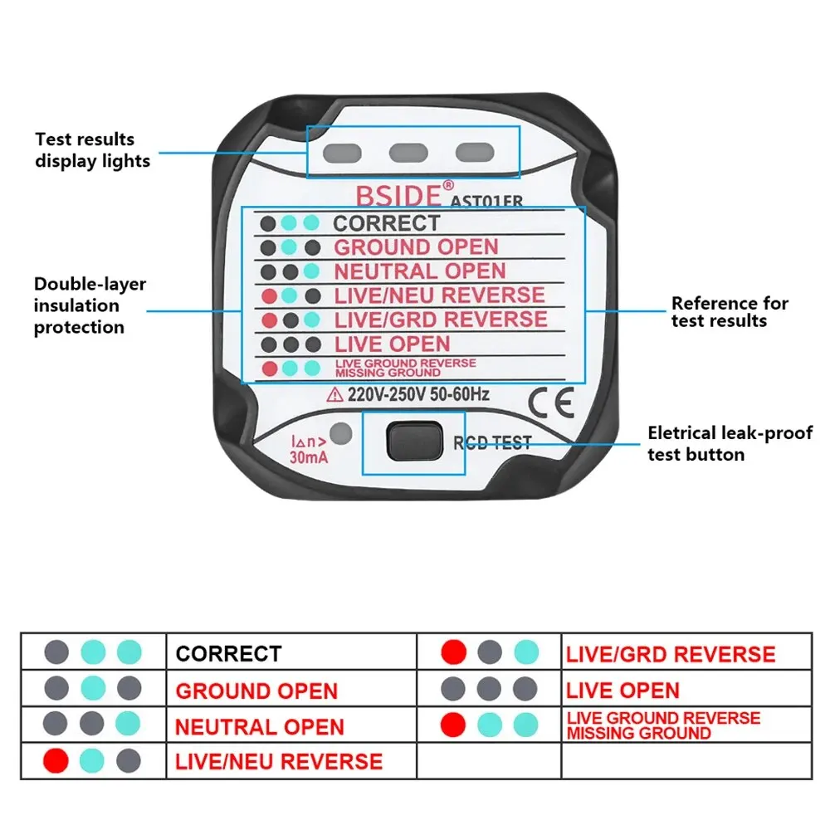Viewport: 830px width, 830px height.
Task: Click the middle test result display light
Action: [407, 153]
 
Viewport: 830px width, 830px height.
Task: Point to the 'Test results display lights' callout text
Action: [92, 150]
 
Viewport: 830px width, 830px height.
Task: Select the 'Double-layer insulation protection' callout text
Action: [90, 305]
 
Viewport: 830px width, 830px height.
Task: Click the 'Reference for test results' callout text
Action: [730, 311]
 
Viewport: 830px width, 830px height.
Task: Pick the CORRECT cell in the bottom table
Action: [228, 654]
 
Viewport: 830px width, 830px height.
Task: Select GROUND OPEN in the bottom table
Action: [256, 691]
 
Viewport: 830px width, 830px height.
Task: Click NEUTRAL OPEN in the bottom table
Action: [259, 727]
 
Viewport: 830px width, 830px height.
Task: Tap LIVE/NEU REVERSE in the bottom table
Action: [278, 761]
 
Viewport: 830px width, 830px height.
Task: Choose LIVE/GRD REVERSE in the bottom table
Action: [671, 654]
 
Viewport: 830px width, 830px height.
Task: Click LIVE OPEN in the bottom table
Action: [622, 691]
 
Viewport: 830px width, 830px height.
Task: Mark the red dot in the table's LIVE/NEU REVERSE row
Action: [56, 759]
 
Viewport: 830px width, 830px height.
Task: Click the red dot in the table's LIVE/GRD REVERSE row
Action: [454, 652]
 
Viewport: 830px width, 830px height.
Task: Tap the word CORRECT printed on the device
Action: [386, 223]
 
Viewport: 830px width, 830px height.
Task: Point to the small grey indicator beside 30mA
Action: [339, 433]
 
